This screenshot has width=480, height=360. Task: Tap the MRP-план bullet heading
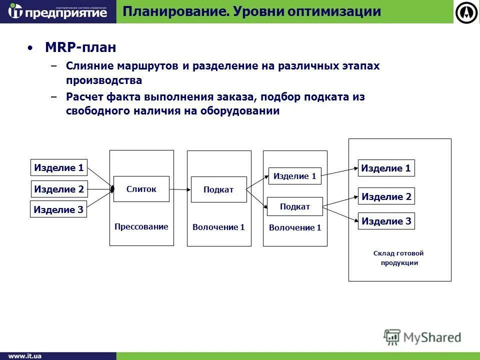80,47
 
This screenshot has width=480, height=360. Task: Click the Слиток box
141,189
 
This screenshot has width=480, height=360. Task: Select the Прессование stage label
141,226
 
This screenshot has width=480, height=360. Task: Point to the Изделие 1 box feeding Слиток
59,168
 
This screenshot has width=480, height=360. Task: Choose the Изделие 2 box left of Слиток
59,189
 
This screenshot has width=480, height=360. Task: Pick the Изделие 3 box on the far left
58,209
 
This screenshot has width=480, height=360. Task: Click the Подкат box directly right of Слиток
218,189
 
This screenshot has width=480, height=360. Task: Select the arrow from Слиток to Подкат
180,189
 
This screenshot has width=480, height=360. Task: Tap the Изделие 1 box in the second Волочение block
295,176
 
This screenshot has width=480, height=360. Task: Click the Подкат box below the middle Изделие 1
295,206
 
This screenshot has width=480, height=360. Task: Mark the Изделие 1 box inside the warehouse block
386,168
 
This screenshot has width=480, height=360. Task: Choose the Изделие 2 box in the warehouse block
386,196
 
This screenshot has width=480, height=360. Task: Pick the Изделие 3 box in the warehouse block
386,221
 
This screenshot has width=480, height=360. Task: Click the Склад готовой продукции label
398,258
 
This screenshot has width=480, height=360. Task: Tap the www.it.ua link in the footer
24,356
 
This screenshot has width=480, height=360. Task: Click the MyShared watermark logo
422,337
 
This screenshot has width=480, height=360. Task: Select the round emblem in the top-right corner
467,12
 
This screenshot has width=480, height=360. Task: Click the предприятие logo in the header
58,11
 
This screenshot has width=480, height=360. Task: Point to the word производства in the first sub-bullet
104,80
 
